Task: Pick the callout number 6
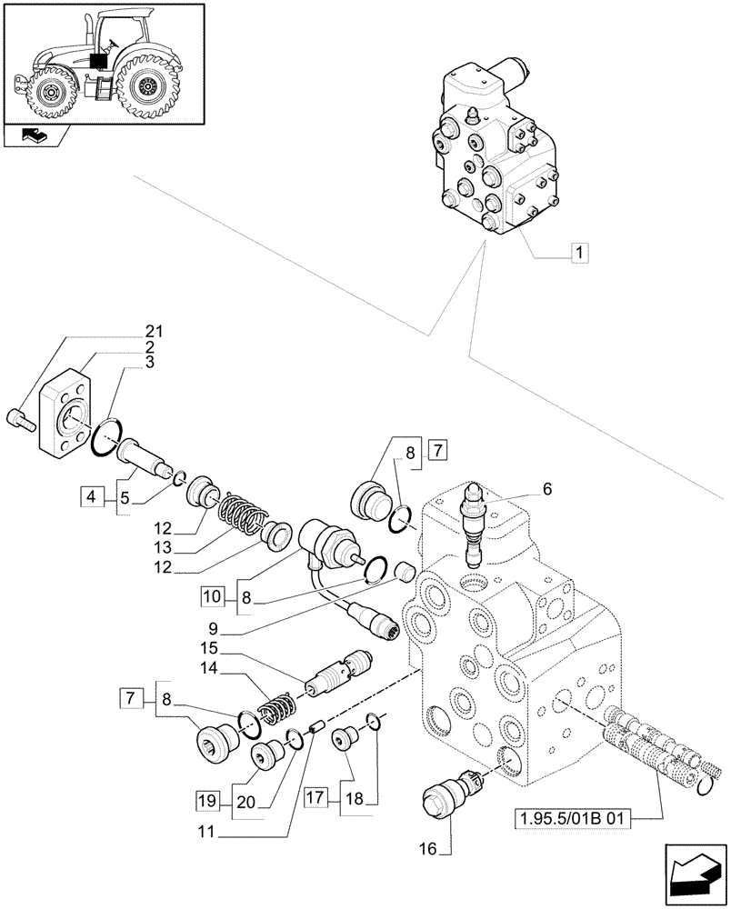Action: click(x=546, y=488)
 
